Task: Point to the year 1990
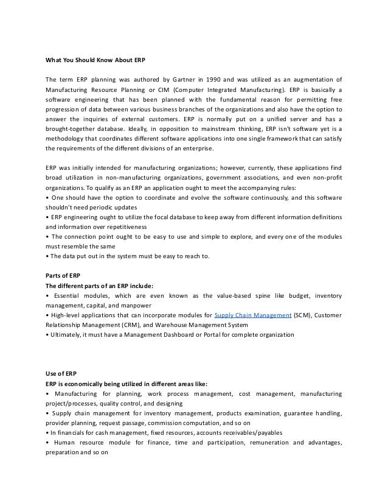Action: (x=204, y=79)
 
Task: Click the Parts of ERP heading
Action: (x=63, y=274)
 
